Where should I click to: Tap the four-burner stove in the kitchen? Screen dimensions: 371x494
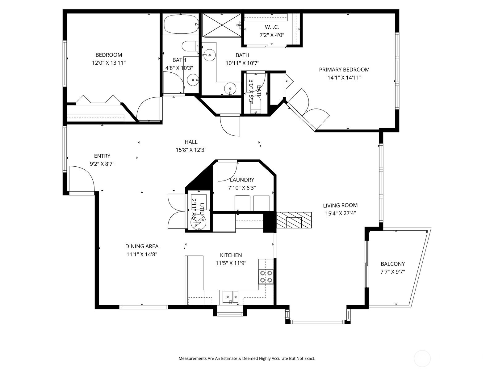pyautogui.click(x=266, y=276)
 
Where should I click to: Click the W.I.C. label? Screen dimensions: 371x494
pyautogui.click(x=272, y=27)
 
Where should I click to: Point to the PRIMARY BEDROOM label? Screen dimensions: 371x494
pyautogui.click(x=344, y=70)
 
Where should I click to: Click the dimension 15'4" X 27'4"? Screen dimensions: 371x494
pyautogui.click(x=340, y=213)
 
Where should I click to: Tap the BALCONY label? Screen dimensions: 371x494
pyautogui.click(x=392, y=264)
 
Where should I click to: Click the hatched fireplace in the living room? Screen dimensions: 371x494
pyautogui.click(x=294, y=220)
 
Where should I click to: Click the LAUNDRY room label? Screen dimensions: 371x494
pyautogui.click(x=242, y=180)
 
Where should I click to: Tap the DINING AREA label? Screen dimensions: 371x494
pyautogui.click(x=142, y=246)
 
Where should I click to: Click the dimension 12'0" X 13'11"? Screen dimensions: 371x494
pyautogui.click(x=109, y=63)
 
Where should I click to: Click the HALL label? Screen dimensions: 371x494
pyautogui.click(x=191, y=142)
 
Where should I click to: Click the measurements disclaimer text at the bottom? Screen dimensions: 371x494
pyautogui.click(x=247, y=359)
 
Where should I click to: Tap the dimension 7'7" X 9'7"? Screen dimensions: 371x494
pyautogui.click(x=392, y=272)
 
